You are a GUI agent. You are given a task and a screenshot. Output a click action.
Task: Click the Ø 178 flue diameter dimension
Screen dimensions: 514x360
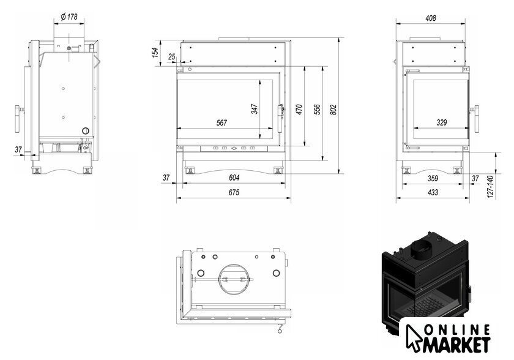click(69, 17)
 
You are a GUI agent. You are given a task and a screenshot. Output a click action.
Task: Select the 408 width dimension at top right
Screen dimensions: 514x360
click(430, 18)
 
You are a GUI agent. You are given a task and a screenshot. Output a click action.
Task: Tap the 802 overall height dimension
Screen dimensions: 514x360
click(333, 110)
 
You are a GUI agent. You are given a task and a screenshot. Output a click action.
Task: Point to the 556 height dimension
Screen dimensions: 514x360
click(317, 110)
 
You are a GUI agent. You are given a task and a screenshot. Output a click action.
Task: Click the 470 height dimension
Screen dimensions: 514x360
click(299, 110)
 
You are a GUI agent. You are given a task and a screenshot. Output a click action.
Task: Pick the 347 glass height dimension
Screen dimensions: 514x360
click(255, 109)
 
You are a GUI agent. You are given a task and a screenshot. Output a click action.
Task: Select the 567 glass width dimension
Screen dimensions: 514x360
click(222, 122)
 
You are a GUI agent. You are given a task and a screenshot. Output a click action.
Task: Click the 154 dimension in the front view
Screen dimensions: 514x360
click(155, 53)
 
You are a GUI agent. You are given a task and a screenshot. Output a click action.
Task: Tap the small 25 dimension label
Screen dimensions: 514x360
click(172, 57)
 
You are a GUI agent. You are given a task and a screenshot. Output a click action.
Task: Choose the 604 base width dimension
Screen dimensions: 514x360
click(234, 178)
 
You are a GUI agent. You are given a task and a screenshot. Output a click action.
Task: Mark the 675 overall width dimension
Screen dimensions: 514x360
click(234, 192)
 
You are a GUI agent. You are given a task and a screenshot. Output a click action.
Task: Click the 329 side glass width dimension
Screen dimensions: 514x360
click(442, 122)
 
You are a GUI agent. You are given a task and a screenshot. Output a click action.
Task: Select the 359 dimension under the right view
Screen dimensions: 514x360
click(433, 178)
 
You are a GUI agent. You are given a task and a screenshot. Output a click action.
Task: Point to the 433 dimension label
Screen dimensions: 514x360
click(433, 192)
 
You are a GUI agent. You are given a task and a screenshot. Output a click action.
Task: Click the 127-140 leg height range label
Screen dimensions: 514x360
click(490, 187)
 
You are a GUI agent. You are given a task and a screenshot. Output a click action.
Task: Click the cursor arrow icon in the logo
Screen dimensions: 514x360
click(414, 338)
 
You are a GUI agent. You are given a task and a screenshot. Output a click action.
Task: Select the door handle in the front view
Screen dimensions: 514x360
click(281, 119)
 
